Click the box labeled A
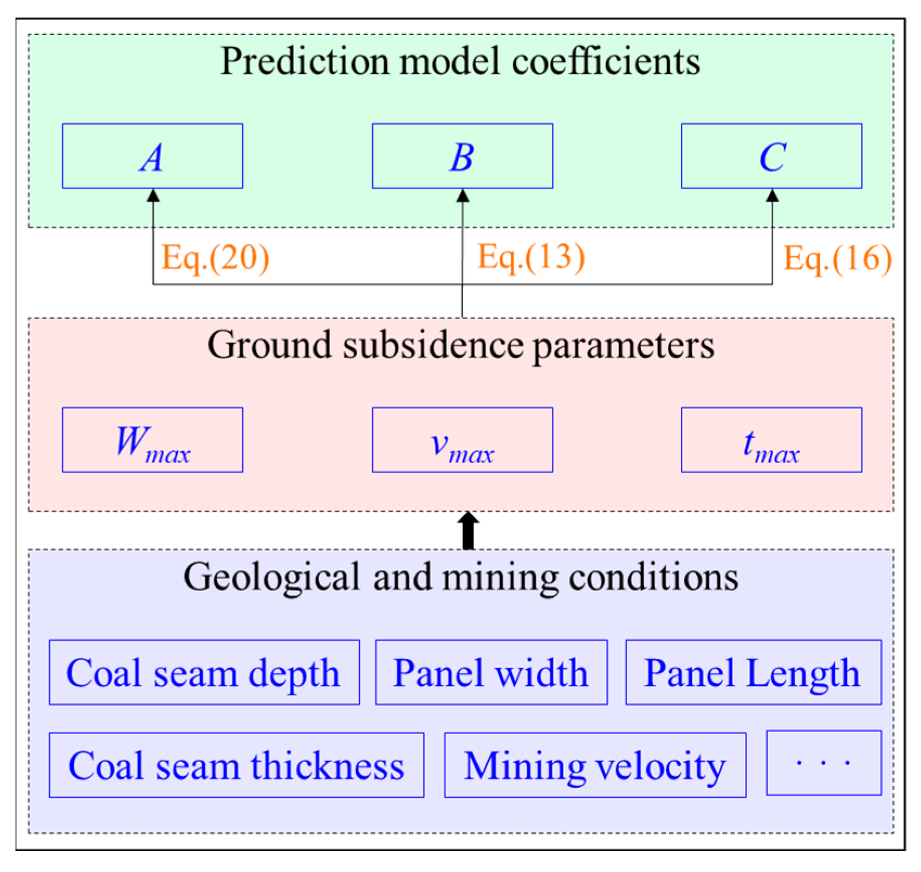click(x=152, y=156)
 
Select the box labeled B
click(x=462, y=156)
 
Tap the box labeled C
click(x=771, y=156)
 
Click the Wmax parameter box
click(x=152, y=440)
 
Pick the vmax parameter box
click(x=462, y=440)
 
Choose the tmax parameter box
click(x=771, y=440)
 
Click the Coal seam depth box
click(x=204, y=672)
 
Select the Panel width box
click(x=491, y=672)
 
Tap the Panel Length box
click(x=753, y=672)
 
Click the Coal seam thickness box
click(x=236, y=765)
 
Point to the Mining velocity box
click(x=595, y=765)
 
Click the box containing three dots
click(x=823, y=763)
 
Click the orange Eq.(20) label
click(x=216, y=258)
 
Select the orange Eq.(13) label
click(x=531, y=257)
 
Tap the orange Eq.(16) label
click(x=838, y=258)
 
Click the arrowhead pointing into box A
click(x=153, y=196)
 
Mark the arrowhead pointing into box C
click(x=772, y=196)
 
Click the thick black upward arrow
click(x=469, y=530)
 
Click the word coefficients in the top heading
click(x=606, y=61)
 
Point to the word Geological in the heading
click(x=271, y=577)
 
